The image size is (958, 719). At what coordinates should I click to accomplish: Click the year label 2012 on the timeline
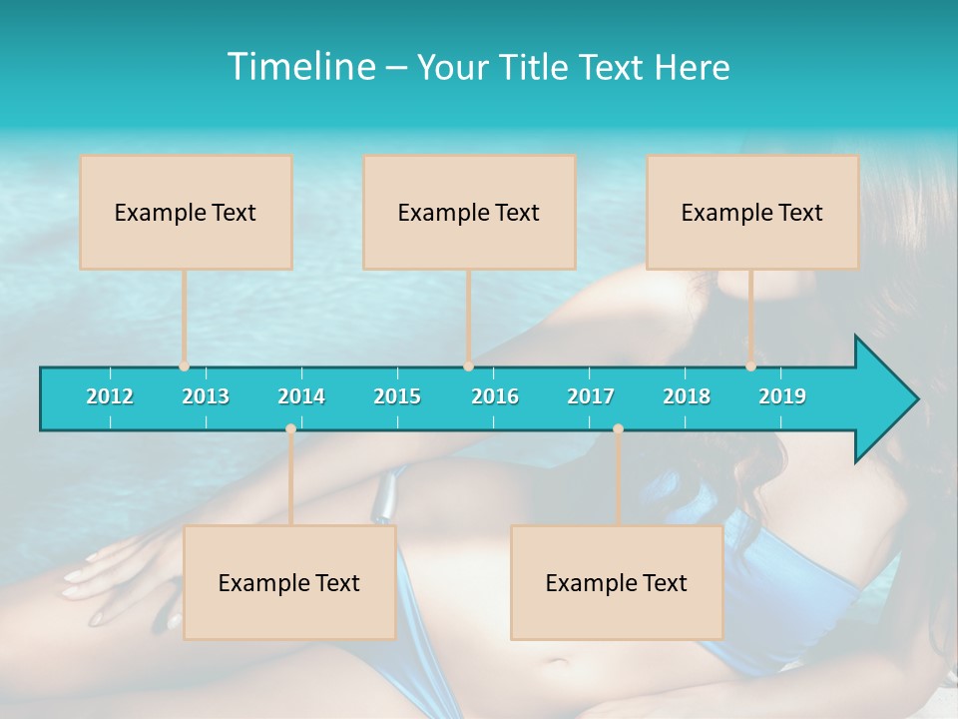[110, 396]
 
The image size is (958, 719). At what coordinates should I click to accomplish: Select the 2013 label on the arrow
[206, 396]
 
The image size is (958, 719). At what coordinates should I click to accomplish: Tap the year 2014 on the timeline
[301, 396]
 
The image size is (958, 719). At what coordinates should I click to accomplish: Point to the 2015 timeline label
[397, 396]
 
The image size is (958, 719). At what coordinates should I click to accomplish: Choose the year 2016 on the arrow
[495, 396]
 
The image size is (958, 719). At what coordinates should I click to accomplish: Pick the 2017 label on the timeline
[591, 396]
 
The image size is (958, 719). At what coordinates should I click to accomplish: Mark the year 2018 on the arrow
[687, 396]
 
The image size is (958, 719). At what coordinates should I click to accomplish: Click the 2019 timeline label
[782, 396]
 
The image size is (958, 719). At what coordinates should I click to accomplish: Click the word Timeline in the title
[299, 67]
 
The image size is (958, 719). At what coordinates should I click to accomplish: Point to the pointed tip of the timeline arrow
[915, 399]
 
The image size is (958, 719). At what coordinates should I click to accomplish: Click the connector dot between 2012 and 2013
[184, 366]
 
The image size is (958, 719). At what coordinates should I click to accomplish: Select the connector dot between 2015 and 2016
[468, 366]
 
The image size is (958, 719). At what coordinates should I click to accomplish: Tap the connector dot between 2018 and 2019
[750, 366]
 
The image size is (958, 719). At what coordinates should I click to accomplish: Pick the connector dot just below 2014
[290, 429]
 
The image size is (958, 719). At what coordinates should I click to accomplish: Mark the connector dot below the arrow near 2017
[618, 429]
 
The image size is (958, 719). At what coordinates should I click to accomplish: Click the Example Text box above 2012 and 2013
[186, 212]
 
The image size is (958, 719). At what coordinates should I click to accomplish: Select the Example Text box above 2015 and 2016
[469, 212]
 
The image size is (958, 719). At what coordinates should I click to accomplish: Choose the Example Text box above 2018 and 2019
[752, 212]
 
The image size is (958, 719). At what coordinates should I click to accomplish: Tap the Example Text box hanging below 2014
[289, 582]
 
